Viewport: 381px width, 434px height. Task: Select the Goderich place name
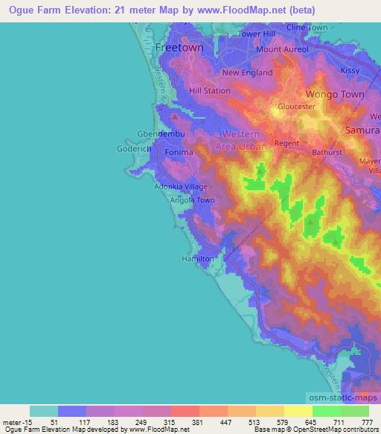point(134,149)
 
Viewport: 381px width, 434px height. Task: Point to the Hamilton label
point(198,259)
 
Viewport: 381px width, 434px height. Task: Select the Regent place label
point(286,142)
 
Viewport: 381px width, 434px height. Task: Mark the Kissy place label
point(350,70)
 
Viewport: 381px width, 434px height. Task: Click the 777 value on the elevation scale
point(365,422)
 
